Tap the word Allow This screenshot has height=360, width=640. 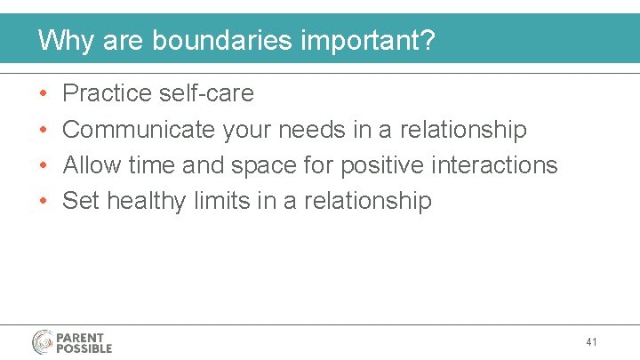pyautogui.click(x=92, y=165)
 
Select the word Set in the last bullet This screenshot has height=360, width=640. pyautogui.click(x=81, y=201)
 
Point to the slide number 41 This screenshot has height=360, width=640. pyautogui.click(x=592, y=341)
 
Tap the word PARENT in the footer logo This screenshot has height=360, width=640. pyautogui.click(x=81, y=338)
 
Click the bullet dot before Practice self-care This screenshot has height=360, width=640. pyautogui.click(x=44, y=94)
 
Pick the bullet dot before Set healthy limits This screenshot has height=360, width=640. pyautogui.click(x=44, y=202)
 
